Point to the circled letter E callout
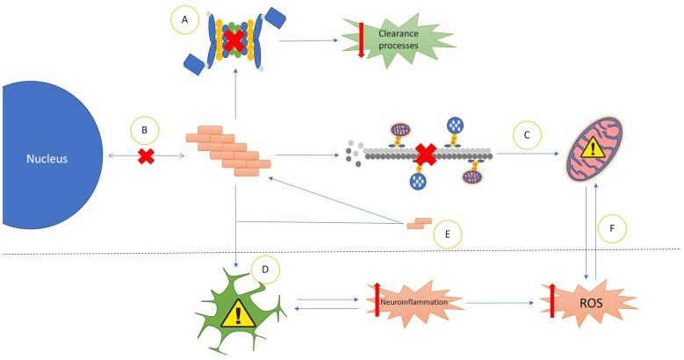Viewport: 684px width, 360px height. (446, 234)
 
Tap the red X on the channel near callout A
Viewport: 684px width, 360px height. (235, 41)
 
